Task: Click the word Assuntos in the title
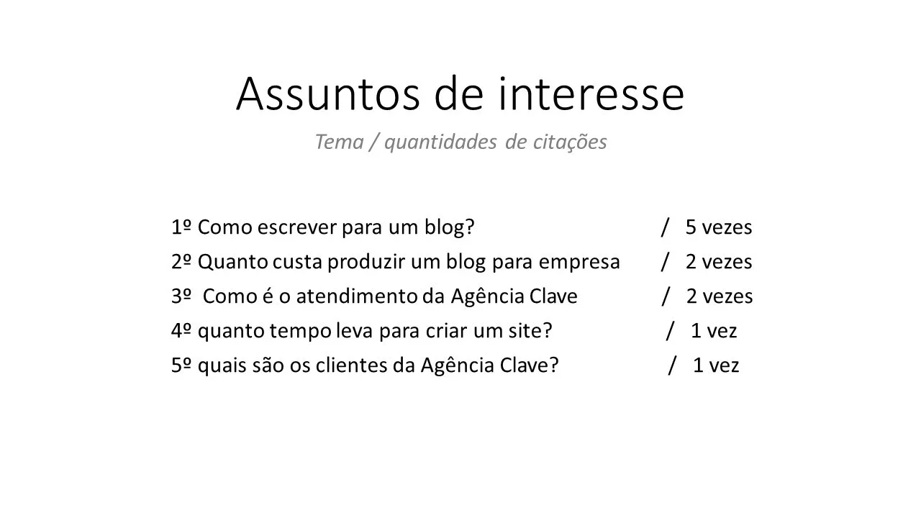327,94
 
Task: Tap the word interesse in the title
591,94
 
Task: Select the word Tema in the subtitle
340,142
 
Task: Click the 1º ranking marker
181,227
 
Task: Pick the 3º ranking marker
181,296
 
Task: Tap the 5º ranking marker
181,365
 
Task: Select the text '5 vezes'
719,227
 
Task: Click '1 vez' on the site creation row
714,330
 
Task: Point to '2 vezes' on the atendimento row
720,296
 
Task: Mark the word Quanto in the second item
233,262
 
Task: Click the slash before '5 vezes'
665,227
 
